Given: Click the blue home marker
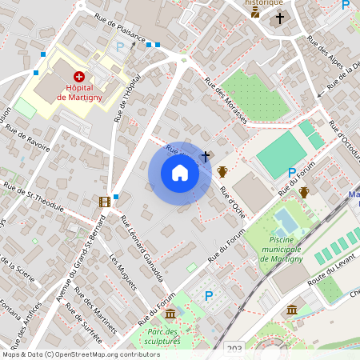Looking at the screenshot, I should tap(180, 172).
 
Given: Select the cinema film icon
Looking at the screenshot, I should tap(104, 201).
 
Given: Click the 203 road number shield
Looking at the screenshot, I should tap(234, 349).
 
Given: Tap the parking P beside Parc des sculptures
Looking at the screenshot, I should tap(209, 296).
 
